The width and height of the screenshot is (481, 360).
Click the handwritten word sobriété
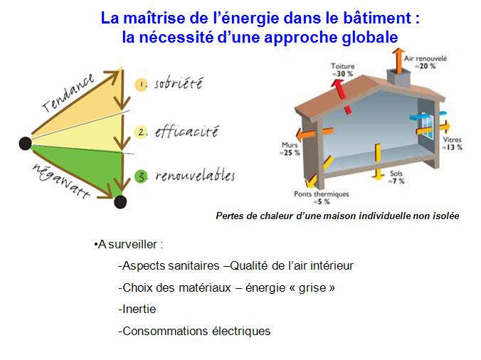coord(178,83)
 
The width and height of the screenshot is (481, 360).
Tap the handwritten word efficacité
coord(186,132)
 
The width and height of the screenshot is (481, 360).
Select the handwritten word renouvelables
coord(195,176)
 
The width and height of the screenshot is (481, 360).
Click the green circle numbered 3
coord(142,176)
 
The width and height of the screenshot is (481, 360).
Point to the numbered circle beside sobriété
coord(141,85)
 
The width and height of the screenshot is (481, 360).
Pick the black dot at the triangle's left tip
coord(25,144)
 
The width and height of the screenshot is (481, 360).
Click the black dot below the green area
coord(120,202)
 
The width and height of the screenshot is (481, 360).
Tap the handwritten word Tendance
coord(68,92)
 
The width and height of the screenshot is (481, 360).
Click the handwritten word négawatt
coord(61,181)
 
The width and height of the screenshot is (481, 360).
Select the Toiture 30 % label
coord(343,70)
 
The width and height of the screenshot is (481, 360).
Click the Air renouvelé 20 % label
coord(425,62)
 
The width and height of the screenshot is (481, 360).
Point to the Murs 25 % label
coord(290,149)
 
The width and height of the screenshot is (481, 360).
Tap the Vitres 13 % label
coord(452,143)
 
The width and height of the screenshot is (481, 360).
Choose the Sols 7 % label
coord(396,177)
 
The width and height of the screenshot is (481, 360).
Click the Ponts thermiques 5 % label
coord(322,198)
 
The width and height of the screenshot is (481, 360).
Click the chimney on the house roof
coord(398,77)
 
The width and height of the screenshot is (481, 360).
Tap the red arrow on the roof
coord(342,95)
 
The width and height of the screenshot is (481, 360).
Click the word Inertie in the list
coord(139,309)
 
